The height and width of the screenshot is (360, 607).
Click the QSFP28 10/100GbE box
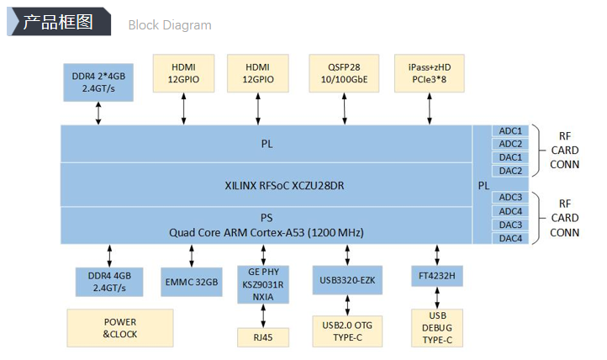[x=344, y=72]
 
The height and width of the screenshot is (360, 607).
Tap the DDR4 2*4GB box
[x=98, y=81]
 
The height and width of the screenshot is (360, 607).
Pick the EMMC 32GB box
[x=191, y=282]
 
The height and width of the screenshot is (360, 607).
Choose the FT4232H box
[x=436, y=276]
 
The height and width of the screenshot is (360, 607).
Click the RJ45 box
[x=264, y=337]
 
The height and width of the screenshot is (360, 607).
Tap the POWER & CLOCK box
[x=119, y=328]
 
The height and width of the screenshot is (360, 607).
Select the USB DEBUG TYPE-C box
[x=436, y=328]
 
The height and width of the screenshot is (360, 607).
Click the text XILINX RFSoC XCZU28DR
[x=267, y=185]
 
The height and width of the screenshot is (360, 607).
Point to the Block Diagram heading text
[x=170, y=24]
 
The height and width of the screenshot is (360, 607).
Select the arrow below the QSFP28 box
[x=344, y=108]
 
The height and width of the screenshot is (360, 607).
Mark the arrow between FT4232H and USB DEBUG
[x=436, y=298]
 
